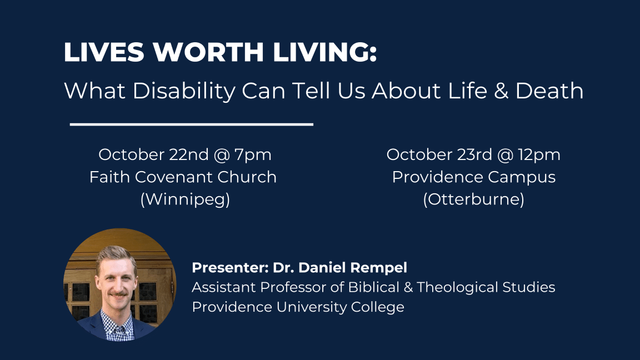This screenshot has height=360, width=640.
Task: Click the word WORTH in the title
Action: tap(208, 52)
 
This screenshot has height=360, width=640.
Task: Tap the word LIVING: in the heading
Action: tap(324, 52)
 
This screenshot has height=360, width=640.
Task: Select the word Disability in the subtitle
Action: tap(184, 91)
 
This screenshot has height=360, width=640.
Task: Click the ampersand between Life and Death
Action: tap(501, 91)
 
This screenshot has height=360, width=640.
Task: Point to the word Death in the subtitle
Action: tap(549, 91)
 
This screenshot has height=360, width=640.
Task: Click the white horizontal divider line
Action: tap(192, 124)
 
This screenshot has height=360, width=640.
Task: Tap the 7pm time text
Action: tap(253, 155)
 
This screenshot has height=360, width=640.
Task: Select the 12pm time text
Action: tap(539, 155)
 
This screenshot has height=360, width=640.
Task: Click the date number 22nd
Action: tap(188, 154)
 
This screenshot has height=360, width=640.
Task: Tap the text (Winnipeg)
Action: tap(185, 199)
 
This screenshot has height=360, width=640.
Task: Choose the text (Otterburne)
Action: tap(473, 199)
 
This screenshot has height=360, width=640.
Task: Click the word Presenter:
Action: tap(230, 268)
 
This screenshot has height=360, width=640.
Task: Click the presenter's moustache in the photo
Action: tap(118, 294)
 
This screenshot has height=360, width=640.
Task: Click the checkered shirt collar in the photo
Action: tap(117, 324)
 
